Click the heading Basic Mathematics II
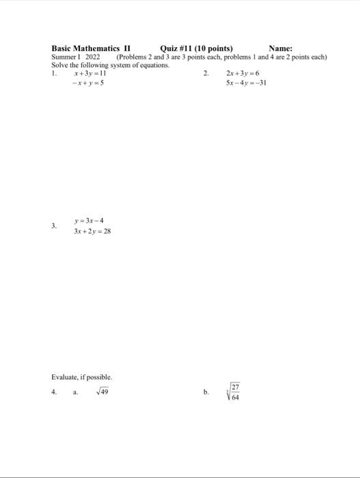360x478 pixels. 90,48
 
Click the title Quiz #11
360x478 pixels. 177,48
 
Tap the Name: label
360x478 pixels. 281,48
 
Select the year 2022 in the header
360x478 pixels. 92,57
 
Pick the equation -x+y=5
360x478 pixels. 89,83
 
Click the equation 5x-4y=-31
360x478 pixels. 245,83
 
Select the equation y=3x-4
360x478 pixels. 89,221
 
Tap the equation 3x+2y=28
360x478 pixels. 92,231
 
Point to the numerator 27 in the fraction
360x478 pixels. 235,386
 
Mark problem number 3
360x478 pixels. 54,226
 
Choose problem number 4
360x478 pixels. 54,393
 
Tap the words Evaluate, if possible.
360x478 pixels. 81,377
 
